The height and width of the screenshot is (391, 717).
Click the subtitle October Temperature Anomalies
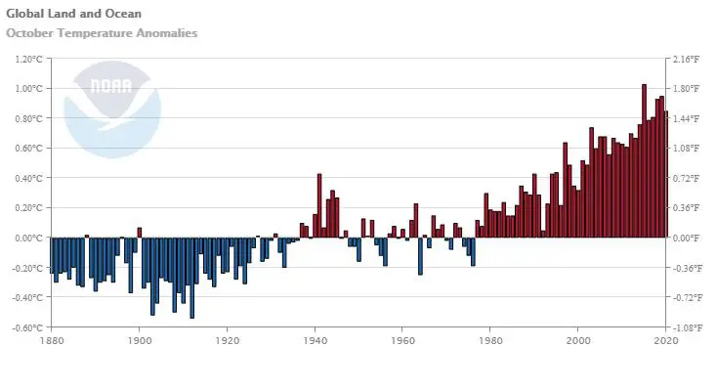102,33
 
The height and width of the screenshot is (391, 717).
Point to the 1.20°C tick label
28,59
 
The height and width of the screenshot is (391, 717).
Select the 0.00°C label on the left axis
28,238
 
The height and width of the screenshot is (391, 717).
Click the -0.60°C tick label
27,326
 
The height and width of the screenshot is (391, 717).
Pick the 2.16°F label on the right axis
686,59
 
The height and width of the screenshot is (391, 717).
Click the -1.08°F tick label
688,326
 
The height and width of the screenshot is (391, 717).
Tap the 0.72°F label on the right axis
686,178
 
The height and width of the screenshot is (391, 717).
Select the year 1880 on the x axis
52,341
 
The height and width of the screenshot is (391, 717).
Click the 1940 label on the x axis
315,341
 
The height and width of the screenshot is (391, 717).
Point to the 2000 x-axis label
577,341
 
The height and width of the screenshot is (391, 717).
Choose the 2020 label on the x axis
665,341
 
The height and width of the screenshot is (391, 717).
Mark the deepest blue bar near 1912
191,278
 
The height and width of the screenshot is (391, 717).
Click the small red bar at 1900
140,233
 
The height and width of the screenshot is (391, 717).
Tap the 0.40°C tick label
28,178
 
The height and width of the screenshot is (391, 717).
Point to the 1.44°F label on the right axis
686,118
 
